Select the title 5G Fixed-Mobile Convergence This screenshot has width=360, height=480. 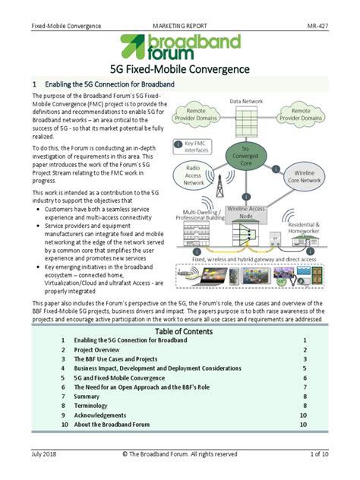(x=180, y=69)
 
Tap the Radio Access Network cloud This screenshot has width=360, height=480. (x=194, y=175)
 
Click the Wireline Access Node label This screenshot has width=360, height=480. (x=246, y=212)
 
